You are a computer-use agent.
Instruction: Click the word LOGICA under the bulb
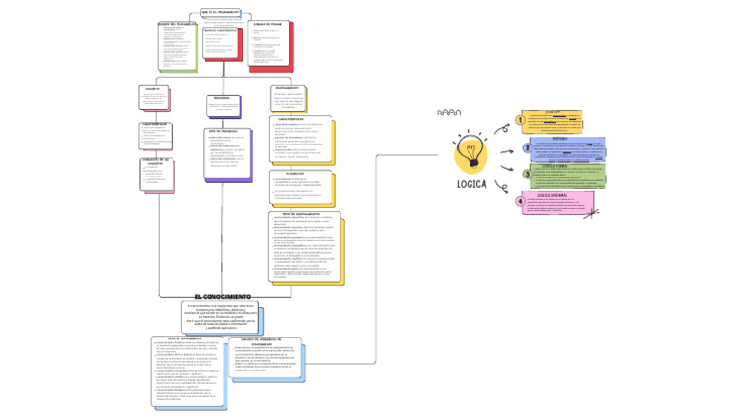472,184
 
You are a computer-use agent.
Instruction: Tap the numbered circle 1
520,121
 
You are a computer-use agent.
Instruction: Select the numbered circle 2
527,148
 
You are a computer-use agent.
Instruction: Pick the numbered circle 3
527,174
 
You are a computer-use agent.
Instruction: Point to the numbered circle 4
520,201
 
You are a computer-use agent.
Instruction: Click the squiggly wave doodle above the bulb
449,113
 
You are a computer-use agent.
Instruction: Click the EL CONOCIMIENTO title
222,296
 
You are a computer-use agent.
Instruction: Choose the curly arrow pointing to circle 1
501,127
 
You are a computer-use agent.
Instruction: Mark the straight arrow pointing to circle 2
506,151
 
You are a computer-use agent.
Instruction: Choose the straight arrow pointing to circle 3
507,169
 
